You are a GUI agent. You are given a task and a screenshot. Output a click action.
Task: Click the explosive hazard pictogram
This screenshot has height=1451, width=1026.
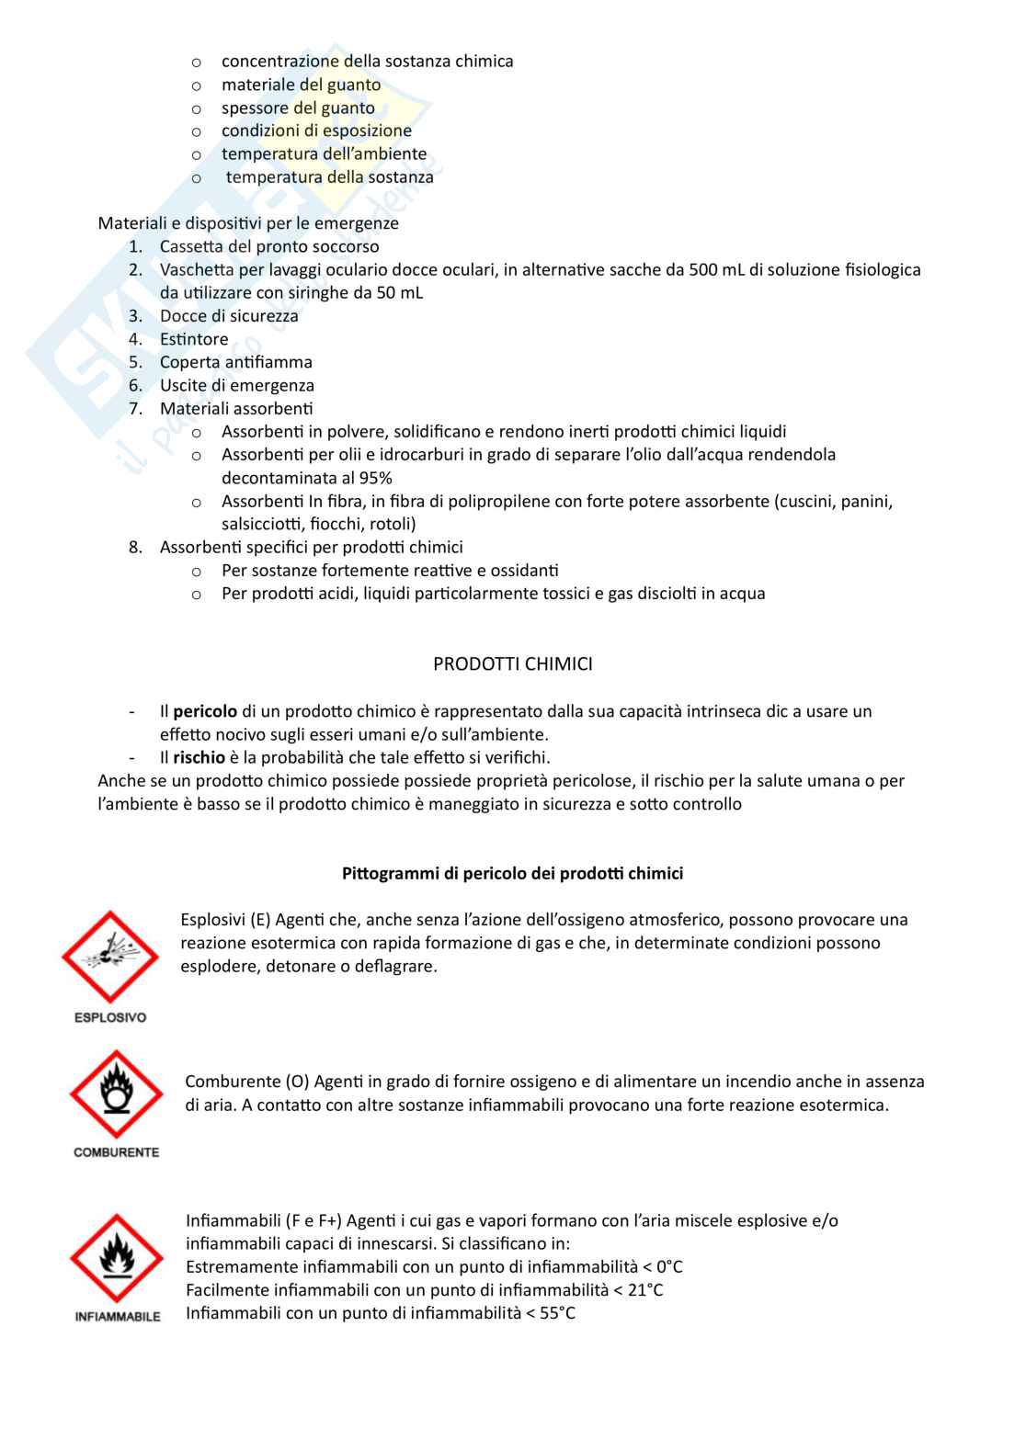[109, 957]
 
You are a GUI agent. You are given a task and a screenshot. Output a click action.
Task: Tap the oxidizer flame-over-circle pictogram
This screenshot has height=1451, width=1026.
[116, 1094]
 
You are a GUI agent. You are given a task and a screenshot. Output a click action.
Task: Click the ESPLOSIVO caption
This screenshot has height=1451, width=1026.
[110, 1017]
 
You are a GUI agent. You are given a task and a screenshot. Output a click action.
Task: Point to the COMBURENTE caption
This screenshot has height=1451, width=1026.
[116, 1152]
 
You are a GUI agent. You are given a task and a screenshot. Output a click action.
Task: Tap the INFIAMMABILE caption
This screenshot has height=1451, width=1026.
[118, 1317]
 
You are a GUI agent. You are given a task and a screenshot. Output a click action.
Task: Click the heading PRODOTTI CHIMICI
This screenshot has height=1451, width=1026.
[513, 663]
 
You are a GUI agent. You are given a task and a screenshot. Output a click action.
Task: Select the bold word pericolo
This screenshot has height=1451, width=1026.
[205, 711]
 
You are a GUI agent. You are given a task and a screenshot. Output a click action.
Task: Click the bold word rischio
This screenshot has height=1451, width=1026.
[199, 757]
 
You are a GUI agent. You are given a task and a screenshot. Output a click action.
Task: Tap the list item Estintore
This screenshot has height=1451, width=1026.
[194, 339]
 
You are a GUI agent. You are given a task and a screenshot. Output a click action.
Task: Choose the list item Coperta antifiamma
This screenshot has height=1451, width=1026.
[236, 362]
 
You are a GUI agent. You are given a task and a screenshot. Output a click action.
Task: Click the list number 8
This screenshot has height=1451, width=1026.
[135, 548]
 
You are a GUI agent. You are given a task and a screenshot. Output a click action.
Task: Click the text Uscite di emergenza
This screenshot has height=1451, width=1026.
[237, 385]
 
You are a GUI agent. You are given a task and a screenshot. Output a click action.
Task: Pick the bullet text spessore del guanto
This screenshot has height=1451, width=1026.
[298, 108]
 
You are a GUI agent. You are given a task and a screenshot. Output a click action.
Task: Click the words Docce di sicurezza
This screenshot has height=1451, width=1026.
[229, 316]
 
